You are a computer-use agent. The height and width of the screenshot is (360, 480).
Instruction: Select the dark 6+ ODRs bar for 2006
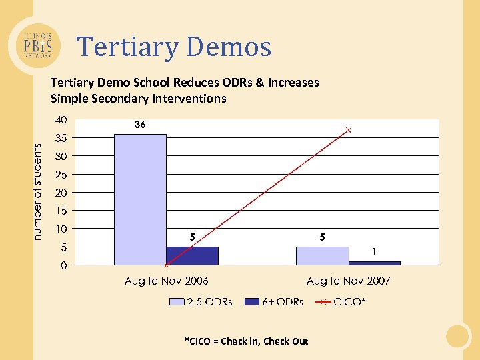193,256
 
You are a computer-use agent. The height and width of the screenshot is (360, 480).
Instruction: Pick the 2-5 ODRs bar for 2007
322,256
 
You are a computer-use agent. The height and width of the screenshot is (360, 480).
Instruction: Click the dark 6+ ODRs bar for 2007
374,263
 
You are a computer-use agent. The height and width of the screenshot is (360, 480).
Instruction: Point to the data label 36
139,125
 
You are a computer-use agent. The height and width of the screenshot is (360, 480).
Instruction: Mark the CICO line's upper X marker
348,130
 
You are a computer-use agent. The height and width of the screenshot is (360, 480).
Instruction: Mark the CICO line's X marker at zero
166,265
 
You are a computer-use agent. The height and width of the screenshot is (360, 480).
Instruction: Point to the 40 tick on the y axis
61,121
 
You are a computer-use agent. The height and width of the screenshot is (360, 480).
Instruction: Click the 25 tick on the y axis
61,175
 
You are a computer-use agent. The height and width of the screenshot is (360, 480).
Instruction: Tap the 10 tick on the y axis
61,229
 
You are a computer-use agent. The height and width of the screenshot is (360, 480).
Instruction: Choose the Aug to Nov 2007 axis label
348,281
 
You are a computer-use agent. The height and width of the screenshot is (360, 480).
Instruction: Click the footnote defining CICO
246,341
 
